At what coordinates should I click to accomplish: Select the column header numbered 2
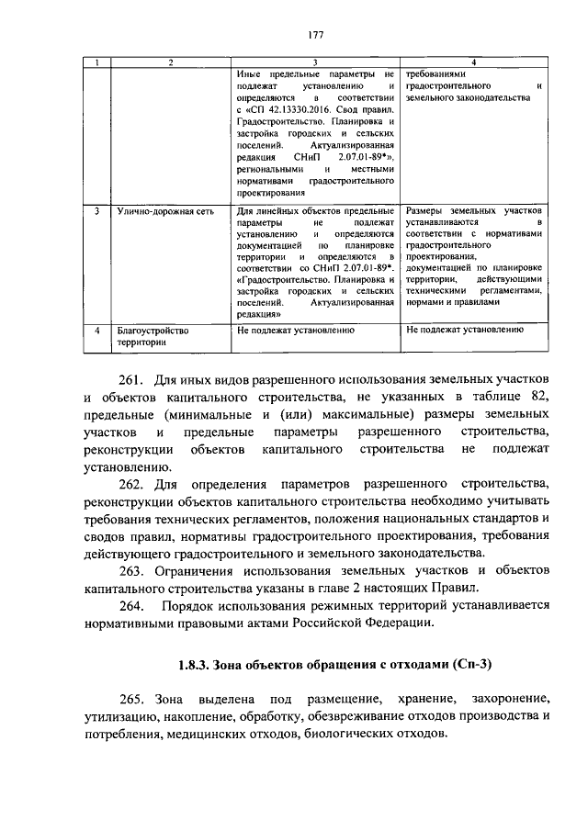(x=170, y=62)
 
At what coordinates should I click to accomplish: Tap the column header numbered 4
(x=473, y=62)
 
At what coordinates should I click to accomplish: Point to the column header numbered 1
(x=97, y=62)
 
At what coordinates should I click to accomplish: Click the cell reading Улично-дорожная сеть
(x=165, y=210)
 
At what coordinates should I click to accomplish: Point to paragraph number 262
(x=135, y=483)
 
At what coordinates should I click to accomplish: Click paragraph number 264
(x=135, y=606)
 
